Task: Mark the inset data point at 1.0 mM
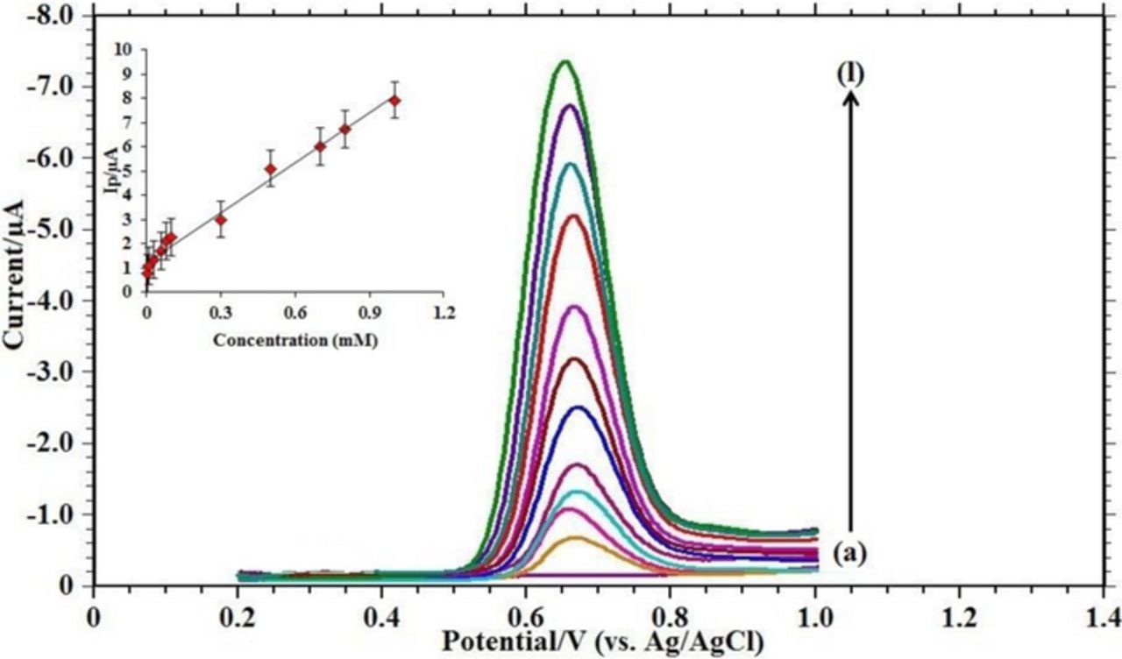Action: [394, 101]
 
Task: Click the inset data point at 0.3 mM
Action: [221, 219]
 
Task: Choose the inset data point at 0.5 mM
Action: [271, 168]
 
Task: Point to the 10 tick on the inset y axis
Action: [129, 50]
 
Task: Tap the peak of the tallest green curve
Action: [566, 61]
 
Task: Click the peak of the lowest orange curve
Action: [577, 537]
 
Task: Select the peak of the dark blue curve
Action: [579, 407]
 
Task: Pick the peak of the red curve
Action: [575, 215]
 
